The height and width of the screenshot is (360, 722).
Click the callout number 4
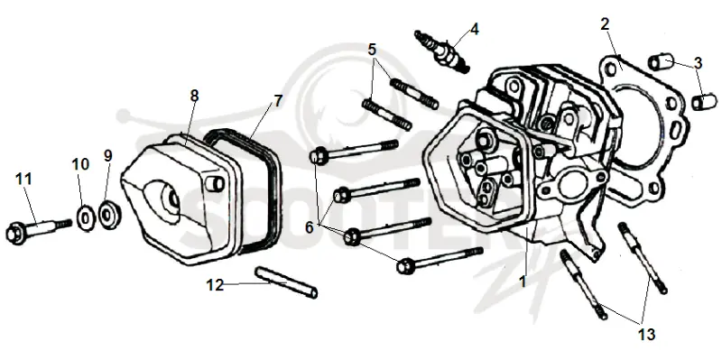475,29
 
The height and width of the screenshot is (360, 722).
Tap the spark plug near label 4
441,51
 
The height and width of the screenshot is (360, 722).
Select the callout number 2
605,24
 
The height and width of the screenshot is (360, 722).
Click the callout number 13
646,334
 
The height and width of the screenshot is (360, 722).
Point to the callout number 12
215,285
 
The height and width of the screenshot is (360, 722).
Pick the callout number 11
24,178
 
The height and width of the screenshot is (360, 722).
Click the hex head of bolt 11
15,232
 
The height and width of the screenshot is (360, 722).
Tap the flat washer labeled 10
86,217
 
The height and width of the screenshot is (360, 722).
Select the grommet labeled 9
110,214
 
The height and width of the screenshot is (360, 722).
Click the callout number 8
194,96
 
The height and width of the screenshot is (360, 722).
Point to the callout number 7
278,101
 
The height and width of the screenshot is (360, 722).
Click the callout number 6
309,227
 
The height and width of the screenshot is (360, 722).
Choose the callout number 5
372,50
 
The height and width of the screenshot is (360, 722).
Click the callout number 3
698,63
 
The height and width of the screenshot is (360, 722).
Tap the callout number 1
523,282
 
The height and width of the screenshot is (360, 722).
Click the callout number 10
80,164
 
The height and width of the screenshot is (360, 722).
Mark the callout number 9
107,155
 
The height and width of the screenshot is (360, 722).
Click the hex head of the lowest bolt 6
404,266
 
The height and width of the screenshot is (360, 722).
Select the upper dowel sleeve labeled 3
661,62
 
